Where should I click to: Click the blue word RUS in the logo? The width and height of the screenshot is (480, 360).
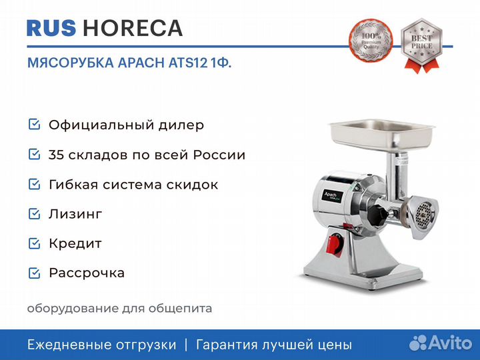click(x=51, y=28)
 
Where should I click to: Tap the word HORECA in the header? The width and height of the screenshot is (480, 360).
click(x=133, y=28)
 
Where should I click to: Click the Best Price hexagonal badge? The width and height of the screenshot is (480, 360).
click(x=421, y=45)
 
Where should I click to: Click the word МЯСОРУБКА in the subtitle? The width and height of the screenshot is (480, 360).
click(x=71, y=63)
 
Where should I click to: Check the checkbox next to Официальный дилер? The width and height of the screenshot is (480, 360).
click(x=34, y=125)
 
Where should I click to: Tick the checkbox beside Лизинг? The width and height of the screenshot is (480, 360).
click(x=34, y=214)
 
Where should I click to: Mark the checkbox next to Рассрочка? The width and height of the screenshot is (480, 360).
click(x=34, y=273)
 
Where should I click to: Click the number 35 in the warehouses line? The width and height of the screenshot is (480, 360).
click(x=56, y=155)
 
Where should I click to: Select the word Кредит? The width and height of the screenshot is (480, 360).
click(x=75, y=244)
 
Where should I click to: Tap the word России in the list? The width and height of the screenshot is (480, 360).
click(x=219, y=155)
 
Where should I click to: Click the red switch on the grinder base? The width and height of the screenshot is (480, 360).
click(x=335, y=244)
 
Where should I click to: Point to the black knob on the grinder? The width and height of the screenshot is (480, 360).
click(x=377, y=215)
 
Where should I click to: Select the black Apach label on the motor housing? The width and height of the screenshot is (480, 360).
click(x=332, y=196)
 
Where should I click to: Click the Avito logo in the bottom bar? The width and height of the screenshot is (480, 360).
click(x=441, y=343)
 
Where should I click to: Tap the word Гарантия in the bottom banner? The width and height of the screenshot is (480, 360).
click(x=227, y=345)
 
